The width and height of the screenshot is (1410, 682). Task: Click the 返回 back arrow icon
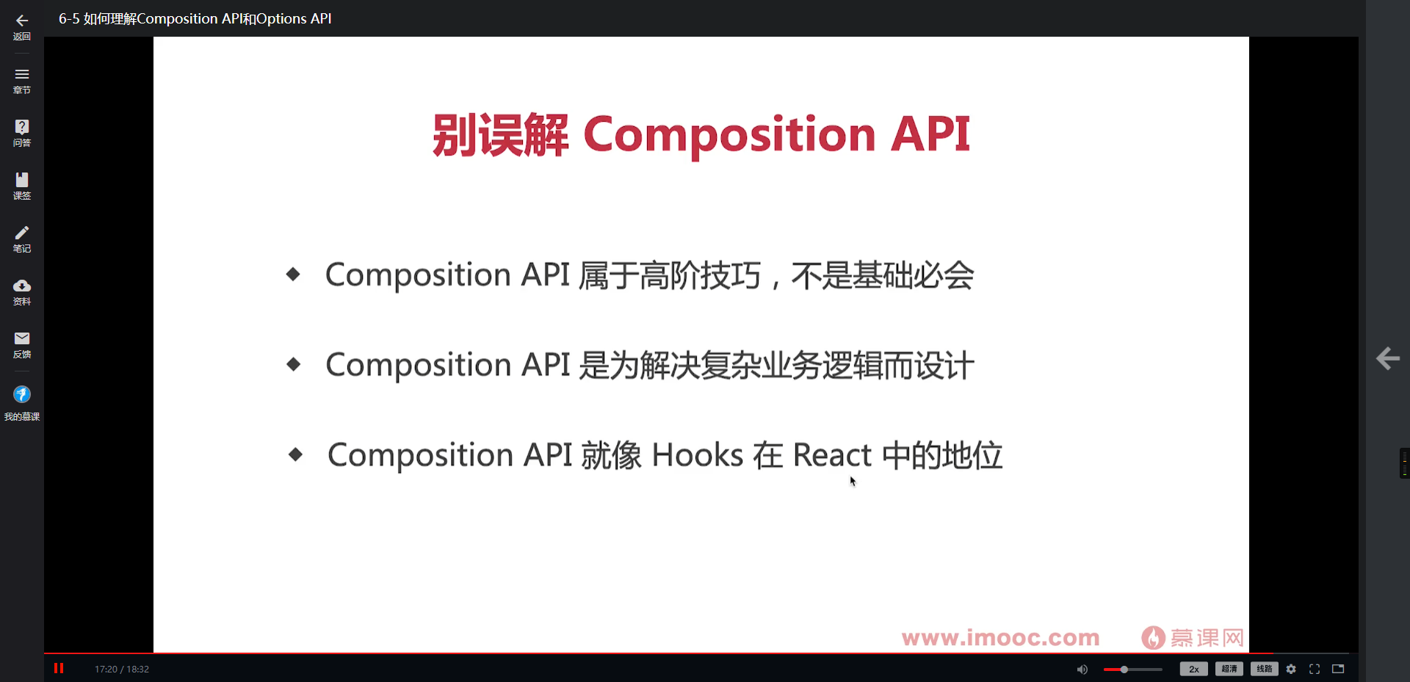(22, 21)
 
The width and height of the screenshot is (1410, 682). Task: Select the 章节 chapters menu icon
(22, 74)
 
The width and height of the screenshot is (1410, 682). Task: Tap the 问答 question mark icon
(22, 126)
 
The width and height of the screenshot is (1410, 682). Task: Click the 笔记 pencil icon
(22, 233)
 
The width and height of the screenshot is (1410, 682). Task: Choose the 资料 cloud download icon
(22, 286)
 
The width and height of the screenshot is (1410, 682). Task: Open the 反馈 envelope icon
(22, 338)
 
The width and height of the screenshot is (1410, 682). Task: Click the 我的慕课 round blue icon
(22, 395)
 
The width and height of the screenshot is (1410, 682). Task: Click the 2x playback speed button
(1193, 669)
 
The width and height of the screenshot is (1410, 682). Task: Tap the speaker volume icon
(1082, 669)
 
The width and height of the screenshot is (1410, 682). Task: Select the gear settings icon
(1291, 669)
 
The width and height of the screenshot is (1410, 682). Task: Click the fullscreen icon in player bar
(1315, 669)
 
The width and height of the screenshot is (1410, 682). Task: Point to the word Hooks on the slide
(698, 455)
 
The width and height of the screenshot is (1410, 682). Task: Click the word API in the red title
(930, 134)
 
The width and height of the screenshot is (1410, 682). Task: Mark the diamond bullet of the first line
(293, 275)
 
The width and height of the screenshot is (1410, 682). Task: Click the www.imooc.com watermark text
(1000, 637)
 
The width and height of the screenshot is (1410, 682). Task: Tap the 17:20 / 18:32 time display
(122, 669)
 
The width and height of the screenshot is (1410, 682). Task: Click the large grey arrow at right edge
(1388, 358)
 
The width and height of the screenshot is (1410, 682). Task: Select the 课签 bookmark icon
(22, 180)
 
